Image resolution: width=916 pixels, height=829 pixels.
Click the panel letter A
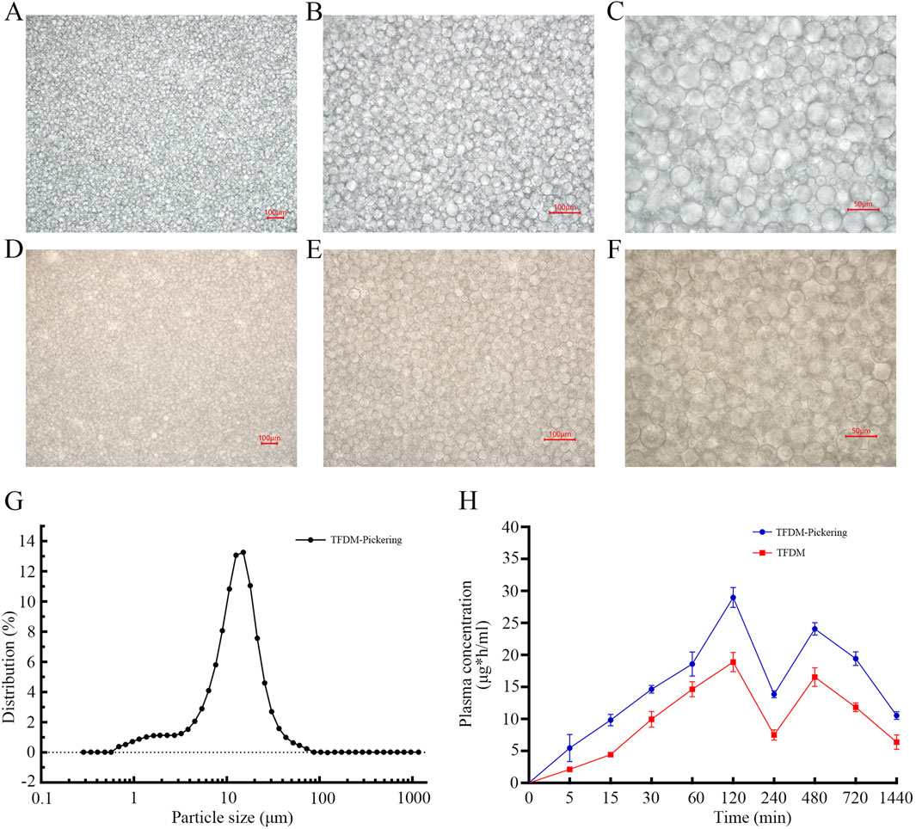pyautogui.click(x=11, y=19)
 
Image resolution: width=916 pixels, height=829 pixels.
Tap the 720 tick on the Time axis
pyautogui.click(x=856, y=797)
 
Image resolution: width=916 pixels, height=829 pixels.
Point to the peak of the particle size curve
pyautogui.click(x=243, y=552)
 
